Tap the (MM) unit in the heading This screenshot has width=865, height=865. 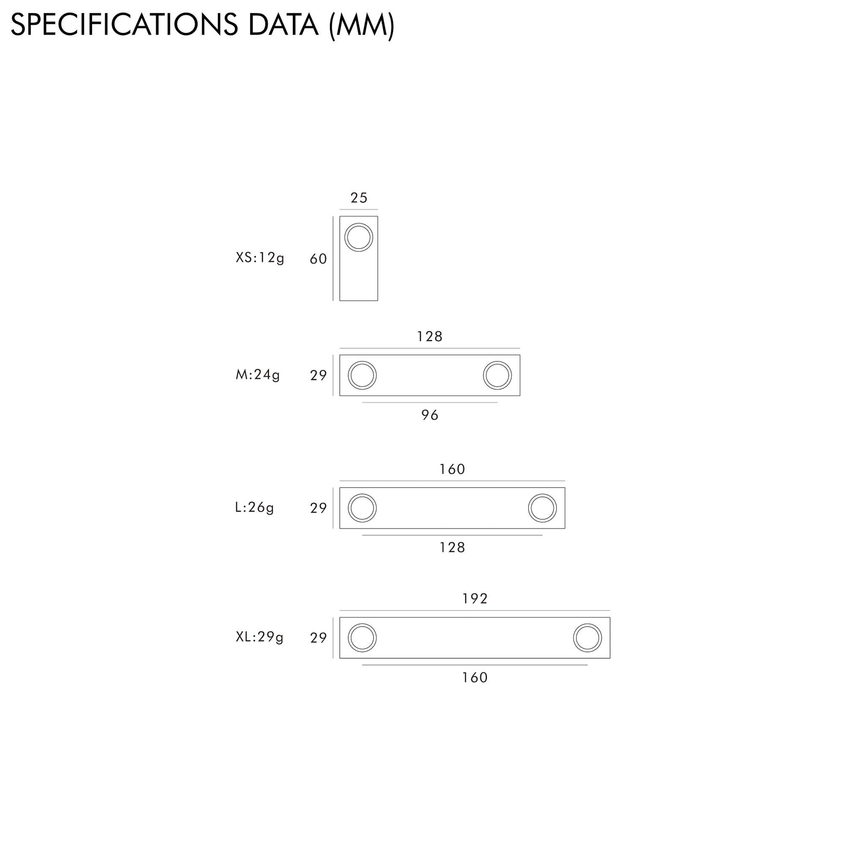pyautogui.click(x=362, y=26)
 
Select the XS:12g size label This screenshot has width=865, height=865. pyautogui.click(x=260, y=258)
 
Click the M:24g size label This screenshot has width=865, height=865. pyautogui.click(x=258, y=374)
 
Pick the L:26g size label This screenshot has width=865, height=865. pyautogui.click(x=254, y=507)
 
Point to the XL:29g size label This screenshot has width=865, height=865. pyautogui.click(x=259, y=637)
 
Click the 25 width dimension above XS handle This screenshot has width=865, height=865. pyautogui.click(x=359, y=198)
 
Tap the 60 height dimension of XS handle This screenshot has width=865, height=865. pyautogui.click(x=318, y=259)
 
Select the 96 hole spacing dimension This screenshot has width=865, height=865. pyautogui.click(x=430, y=415)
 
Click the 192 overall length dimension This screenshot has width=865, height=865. pyautogui.click(x=474, y=599)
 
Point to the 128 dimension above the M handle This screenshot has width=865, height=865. pyautogui.click(x=430, y=336)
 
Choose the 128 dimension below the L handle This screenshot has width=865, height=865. pyautogui.click(x=452, y=547)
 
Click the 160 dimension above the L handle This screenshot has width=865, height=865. pyautogui.click(x=452, y=469)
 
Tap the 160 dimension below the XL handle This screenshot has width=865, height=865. pyautogui.click(x=474, y=677)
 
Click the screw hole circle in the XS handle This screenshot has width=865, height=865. pyautogui.click(x=359, y=237)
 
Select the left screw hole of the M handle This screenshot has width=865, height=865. pyautogui.click(x=362, y=375)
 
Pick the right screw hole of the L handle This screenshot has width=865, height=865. pyautogui.click(x=542, y=508)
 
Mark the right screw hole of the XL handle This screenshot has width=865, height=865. pyautogui.click(x=587, y=638)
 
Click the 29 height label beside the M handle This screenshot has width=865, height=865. pyautogui.click(x=318, y=375)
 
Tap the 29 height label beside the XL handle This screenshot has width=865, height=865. pyautogui.click(x=318, y=638)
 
